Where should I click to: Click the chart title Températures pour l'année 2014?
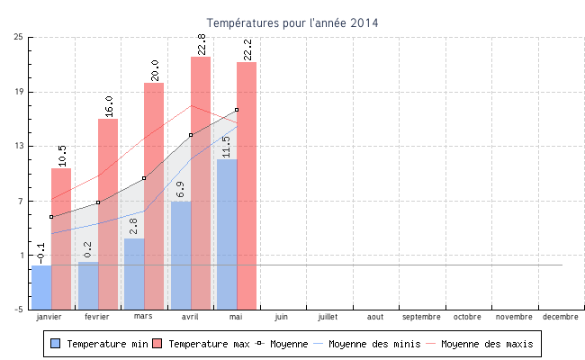pos(292,22)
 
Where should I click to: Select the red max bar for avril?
pos(200,180)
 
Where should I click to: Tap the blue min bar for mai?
pos(227,234)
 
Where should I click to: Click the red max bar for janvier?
pos(61,238)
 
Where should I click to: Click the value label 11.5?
pos(227,147)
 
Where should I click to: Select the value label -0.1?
pos(41,253)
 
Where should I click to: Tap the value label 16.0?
pos(109,106)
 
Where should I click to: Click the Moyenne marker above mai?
pos(237,110)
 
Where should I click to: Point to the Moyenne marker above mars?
pos(144,178)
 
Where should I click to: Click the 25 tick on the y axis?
pos(19,37)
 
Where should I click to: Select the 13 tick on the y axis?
pos(19,146)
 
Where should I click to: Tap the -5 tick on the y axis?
pos(19,310)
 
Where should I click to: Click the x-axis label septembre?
pos(421,317)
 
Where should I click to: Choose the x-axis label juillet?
pos(328,317)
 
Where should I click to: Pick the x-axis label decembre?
pos(560,317)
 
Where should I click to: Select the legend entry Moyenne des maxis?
pos(486,344)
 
